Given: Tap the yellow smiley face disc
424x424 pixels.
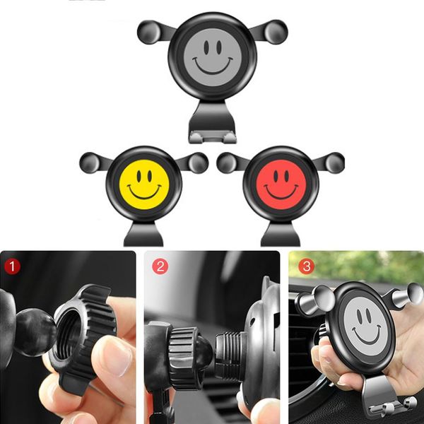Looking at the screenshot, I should pos(144,183).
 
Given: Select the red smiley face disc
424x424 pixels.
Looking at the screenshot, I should pos(281,183).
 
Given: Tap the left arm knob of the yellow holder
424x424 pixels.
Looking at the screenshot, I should pos(91,162).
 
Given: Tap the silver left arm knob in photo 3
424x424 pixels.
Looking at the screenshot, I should pos(309,301).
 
